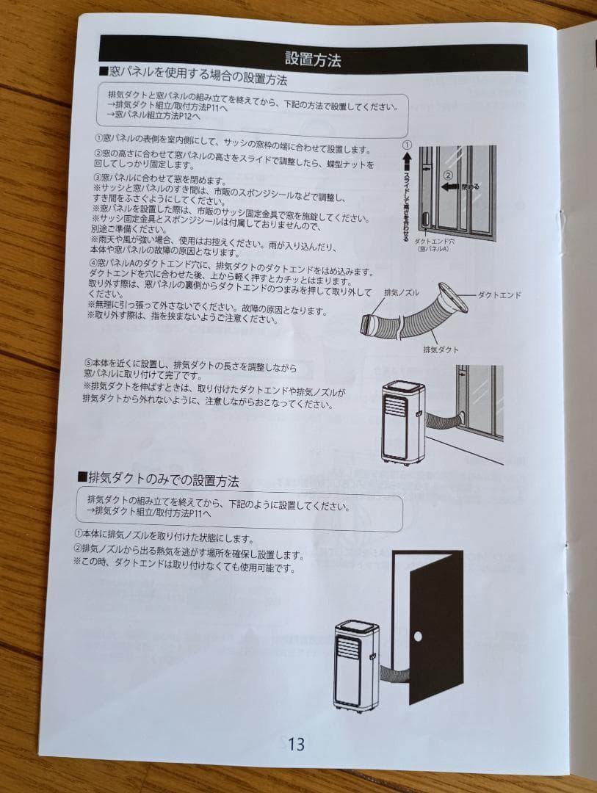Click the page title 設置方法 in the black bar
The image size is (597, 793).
pos(313,59)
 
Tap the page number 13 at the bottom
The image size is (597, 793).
pos(296,744)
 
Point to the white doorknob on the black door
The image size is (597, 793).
pos(417,634)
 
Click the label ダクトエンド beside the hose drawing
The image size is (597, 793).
pos(499,294)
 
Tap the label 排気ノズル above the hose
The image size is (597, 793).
pos(402,292)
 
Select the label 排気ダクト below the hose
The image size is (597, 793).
pos(441,350)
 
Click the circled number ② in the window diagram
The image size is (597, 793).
pos(447,175)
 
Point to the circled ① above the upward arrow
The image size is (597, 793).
pos(407,145)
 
